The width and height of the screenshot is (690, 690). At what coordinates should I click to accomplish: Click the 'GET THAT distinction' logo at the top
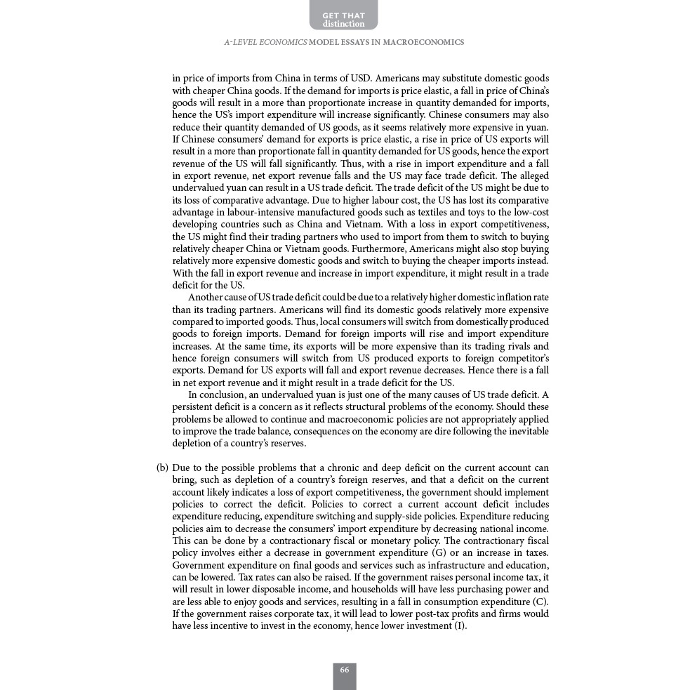(343, 18)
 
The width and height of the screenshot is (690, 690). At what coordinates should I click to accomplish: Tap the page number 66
(344, 670)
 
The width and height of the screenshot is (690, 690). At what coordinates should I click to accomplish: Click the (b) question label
(162, 468)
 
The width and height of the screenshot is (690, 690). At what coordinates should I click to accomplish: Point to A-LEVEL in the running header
(241, 43)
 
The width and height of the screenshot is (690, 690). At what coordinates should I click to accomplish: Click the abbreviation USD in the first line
(360, 79)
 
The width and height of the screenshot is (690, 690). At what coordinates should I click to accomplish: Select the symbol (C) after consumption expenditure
(540, 602)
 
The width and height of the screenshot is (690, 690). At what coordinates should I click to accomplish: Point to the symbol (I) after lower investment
(460, 626)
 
